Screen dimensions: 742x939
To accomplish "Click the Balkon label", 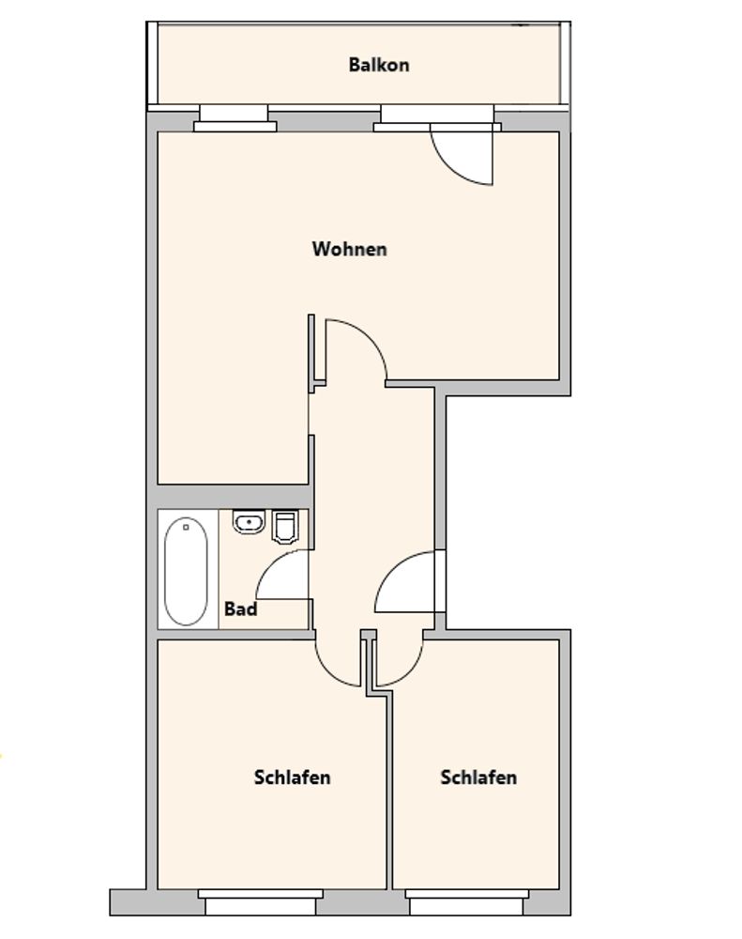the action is click(x=379, y=65).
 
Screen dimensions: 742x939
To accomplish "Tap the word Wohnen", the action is click(x=350, y=249).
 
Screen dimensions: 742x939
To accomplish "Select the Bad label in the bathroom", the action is click(x=240, y=609).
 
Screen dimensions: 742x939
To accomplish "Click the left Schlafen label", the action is click(x=292, y=777).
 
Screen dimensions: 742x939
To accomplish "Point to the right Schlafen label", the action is click(x=478, y=777).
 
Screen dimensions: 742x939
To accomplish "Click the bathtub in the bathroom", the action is click(x=186, y=571).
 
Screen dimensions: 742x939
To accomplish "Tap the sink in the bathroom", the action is click(x=249, y=522).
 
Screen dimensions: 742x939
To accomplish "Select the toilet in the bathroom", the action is click(x=285, y=527).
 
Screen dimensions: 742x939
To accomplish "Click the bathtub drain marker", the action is click(x=186, y=528).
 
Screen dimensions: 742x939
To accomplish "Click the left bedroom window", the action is click(x=260, y=901).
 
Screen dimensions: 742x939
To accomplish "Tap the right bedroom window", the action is click(x=467, y=901).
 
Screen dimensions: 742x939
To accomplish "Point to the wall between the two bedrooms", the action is click(x=389, y=791).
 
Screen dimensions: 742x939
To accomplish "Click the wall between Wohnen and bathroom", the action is click(x=234, y=497).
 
